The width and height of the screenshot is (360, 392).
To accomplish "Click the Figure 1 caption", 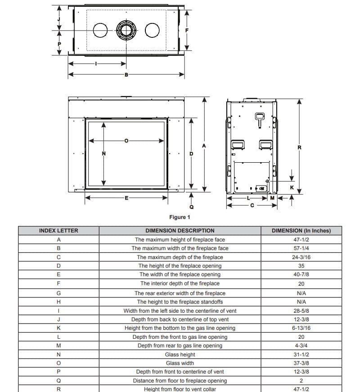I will (x=180, y=217).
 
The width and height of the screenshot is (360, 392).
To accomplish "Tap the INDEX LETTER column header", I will (x=58, y=231).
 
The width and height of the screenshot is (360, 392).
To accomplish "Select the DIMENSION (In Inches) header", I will (x=301, y=231).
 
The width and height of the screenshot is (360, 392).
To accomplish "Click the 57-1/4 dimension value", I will (x=301, y=248).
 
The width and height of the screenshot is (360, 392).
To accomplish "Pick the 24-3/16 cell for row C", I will (x=301, y=257).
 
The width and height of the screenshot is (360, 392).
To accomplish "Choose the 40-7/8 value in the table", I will (x=301, y=274).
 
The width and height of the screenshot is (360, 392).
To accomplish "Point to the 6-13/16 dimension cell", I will (x=301, y=328).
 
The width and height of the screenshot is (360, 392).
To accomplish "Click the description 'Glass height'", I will (x=180, y=355).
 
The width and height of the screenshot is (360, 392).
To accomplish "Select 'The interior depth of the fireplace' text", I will (x=180, y=283).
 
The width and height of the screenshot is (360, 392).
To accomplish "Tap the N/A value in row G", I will (x=301, y=293).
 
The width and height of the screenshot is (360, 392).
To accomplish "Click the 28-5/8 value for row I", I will (x=301, y=311).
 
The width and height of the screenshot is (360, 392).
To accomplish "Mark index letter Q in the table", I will (x=58, y=381).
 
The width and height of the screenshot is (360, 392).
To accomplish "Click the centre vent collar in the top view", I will (x=126, y=30).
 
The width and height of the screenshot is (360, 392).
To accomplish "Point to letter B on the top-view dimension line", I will (x=126, y=75).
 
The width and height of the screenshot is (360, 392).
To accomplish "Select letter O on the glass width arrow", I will (x=126, y=141).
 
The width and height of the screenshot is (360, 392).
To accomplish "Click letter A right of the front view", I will (x=204, y=146).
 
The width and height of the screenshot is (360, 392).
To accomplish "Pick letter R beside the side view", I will (x=299, y=147).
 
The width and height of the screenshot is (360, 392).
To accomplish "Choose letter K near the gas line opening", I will (x=292, y=187).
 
